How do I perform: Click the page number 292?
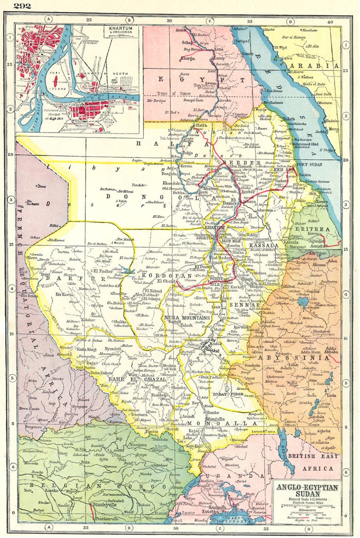pos(22,6)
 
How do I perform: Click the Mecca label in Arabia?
pos(334,129)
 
